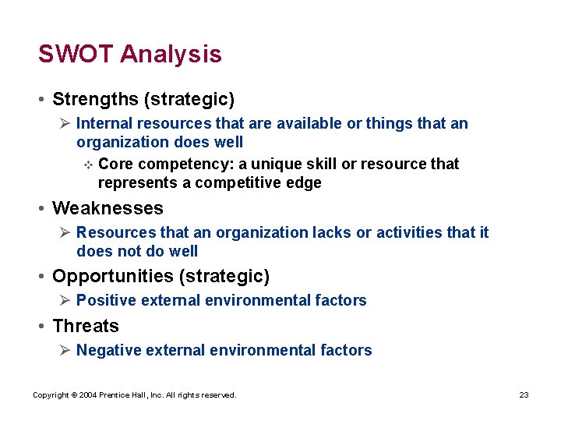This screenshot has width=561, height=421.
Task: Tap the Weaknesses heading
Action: pos(108,208)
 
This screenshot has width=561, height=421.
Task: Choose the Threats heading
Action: pos(86,326)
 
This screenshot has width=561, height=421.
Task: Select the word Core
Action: pos(115,164)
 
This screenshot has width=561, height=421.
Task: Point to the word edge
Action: pos(303,183)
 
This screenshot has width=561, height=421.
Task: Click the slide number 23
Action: pos(524,395)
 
